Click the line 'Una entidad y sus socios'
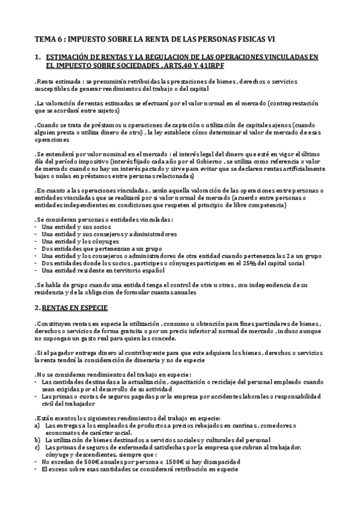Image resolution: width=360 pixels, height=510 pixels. tap(75, 227)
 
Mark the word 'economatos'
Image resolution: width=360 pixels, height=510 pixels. tap(64, 432)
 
